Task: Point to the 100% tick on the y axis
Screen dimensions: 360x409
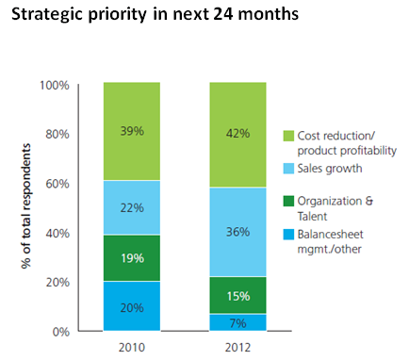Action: click(x=56, y=85)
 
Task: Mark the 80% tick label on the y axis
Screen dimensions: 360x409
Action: click(x=58, y=134)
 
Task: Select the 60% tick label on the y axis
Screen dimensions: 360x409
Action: click(x=58, y=184)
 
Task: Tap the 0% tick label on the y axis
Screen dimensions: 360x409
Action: click(x=61, y=332)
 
